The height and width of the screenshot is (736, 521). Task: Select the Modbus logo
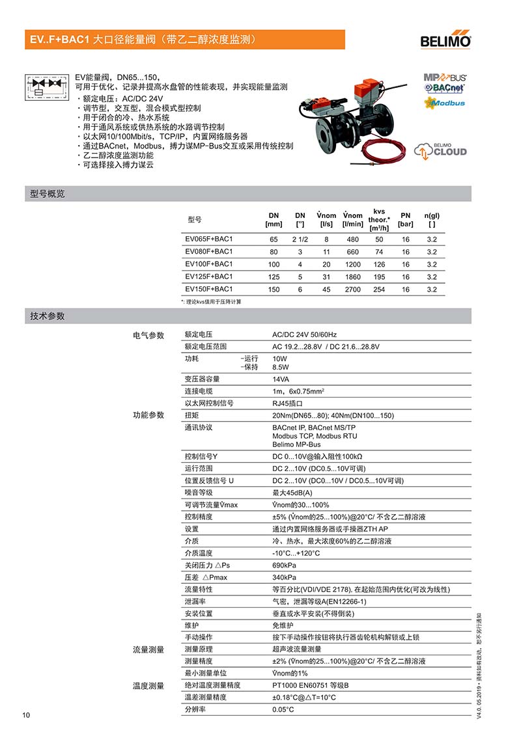click(445, 103)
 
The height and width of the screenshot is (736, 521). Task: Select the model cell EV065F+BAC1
click(209, 239)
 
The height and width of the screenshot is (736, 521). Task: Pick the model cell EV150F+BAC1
click(209, 289)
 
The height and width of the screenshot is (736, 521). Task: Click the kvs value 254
click(379, 289)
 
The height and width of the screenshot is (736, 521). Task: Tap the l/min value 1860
click(352, 277)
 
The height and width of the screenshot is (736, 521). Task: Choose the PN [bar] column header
click(406, 219)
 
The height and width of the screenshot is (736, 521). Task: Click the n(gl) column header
click(432, 219)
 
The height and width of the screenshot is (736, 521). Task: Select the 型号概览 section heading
click(48, 194)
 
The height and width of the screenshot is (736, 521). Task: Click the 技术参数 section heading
click(48, 316)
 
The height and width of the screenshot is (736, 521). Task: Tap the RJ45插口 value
click(287, 403)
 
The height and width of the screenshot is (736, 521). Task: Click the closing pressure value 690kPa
click(284, 565)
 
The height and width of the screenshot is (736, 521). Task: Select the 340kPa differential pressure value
click(284, 577)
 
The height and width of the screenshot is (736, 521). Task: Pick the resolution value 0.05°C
click(283, 709)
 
